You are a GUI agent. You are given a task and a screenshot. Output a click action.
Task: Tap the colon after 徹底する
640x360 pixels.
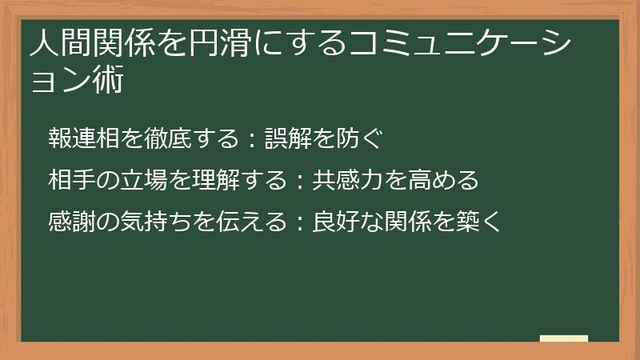251,138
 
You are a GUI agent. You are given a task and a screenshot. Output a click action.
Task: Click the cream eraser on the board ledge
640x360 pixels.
563,338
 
